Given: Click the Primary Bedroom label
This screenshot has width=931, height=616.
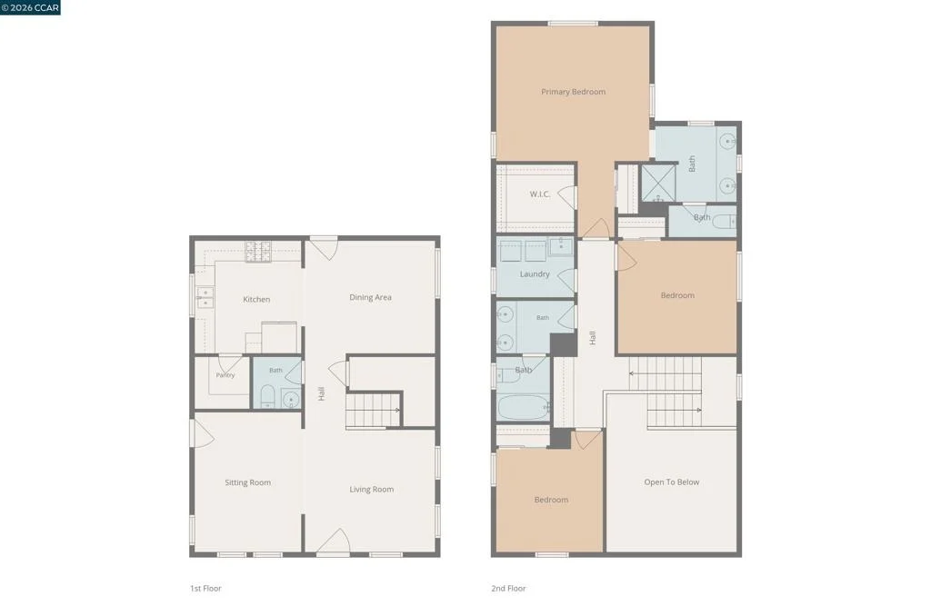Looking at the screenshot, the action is pos(573,92).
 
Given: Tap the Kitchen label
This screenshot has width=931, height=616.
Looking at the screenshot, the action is pos(256,299).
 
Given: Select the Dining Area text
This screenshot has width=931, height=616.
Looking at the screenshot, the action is pos(370,297).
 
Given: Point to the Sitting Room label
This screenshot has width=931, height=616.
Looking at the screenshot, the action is pos(247,482).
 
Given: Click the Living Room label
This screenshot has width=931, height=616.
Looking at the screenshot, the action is pos(371,489).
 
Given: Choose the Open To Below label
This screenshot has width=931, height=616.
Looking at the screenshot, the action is pos(672,482).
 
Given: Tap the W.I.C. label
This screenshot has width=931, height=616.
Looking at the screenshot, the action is pos(540,194).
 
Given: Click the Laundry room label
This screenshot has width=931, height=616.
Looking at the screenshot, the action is pos(535,274).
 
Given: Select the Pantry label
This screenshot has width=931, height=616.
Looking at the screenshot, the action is pos(225,375).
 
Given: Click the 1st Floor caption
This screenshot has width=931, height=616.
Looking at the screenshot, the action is pos(205,588).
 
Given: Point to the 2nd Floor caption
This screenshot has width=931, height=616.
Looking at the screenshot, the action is pos(508,588).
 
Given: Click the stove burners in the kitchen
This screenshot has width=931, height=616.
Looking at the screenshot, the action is pos(258,252).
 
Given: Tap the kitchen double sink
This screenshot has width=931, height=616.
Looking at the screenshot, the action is pos(205,297).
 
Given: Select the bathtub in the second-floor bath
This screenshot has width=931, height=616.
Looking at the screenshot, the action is pos(523,408).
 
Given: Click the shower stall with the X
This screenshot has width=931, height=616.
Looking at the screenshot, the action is pos(658,183).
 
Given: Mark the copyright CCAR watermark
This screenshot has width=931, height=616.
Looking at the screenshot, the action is pos(30,7).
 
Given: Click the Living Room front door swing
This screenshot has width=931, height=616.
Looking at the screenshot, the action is pos(335,541).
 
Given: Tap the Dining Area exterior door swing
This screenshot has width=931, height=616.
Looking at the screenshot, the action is pos(325,248).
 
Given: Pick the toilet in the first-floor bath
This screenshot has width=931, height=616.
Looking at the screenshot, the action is pos(268,396).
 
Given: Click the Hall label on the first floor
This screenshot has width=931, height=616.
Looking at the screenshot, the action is pos(321,393).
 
